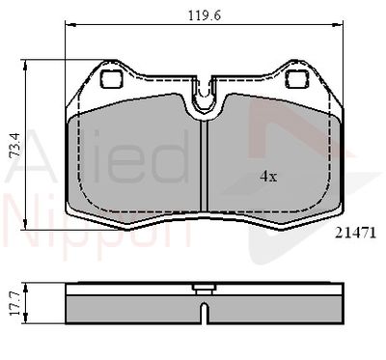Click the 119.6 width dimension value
[205, 15]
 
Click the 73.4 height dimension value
[14, 145]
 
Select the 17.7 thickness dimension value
[14, 303]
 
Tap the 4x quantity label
[268, 176]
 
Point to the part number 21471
[355, 233]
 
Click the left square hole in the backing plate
[112, 79]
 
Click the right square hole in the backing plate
[297, 79]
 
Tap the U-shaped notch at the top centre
[204, 94]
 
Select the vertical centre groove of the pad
[204, 166]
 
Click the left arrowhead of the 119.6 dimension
[70, 24]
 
